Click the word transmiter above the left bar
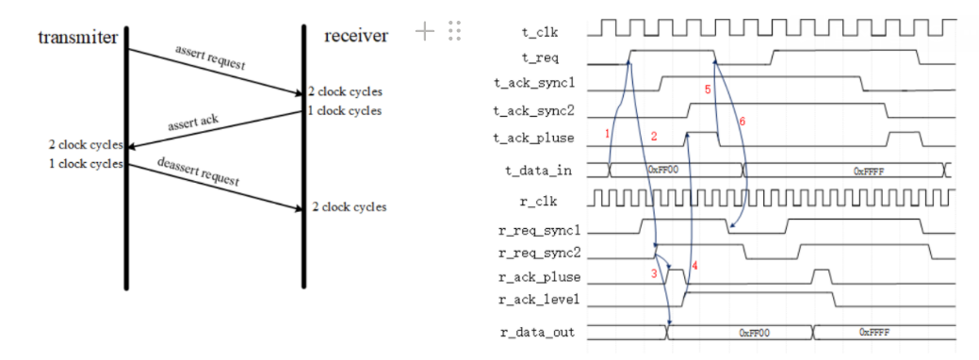pyautogui.click(x=77, y=37)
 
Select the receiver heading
pyautogui.click(x=355, y=36)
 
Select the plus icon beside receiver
pyautogui.click(x=425, y=31)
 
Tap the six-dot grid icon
pyautogui.click(x=454, y=31)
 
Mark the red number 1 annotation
pyautogui.click(x=608, y=135)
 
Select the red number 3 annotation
pyautogui.click(x=651, y=272)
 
